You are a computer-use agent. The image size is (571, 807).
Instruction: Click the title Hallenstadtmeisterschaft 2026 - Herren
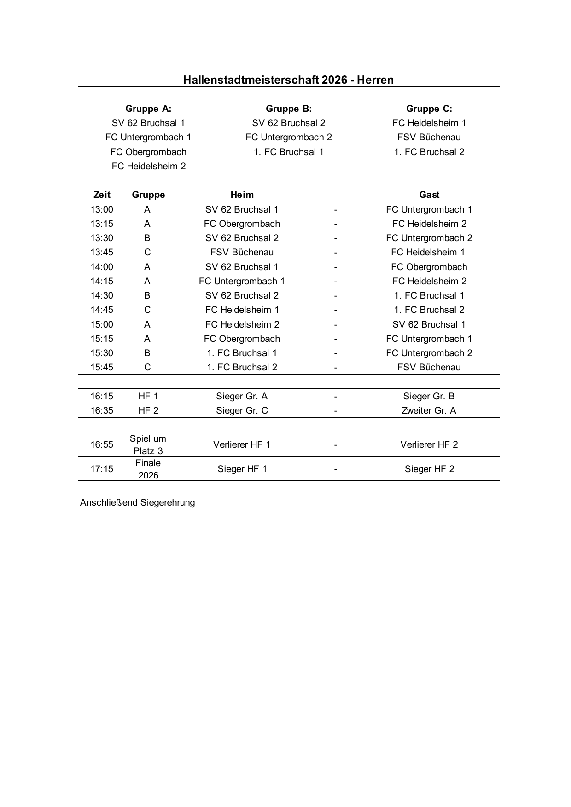(288, 80)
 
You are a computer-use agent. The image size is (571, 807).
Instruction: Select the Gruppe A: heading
(148, 109)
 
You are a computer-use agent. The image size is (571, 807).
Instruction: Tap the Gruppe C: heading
(429, 109)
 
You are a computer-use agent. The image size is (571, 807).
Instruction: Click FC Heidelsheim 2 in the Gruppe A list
(148, 166)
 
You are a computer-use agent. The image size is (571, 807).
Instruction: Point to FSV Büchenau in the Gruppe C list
(429, 137)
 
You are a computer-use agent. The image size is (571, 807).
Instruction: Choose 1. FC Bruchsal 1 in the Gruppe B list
(288, 152)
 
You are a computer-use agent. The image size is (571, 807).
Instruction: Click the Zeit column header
(102, 195)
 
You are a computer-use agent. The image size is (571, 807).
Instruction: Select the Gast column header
(429, 195)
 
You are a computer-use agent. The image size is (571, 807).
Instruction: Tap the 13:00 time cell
(102, 209)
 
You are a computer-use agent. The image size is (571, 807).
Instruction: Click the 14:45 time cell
(102, 310)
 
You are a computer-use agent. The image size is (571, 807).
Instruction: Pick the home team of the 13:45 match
(242, 252)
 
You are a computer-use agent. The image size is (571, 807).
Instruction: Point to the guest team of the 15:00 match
(429, 324)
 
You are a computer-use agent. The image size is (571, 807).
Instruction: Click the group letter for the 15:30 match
(147, 353)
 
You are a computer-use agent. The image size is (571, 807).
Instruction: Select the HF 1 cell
(148, 396)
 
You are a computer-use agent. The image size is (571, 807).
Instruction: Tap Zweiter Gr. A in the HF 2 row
(429, 410)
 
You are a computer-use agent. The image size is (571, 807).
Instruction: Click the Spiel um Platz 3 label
(148, 444)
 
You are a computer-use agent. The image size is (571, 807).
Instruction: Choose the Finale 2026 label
(148, 469)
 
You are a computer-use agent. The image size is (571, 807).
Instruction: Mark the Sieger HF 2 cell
(429, 469)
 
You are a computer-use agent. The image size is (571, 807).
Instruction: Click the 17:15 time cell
(102, 469)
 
